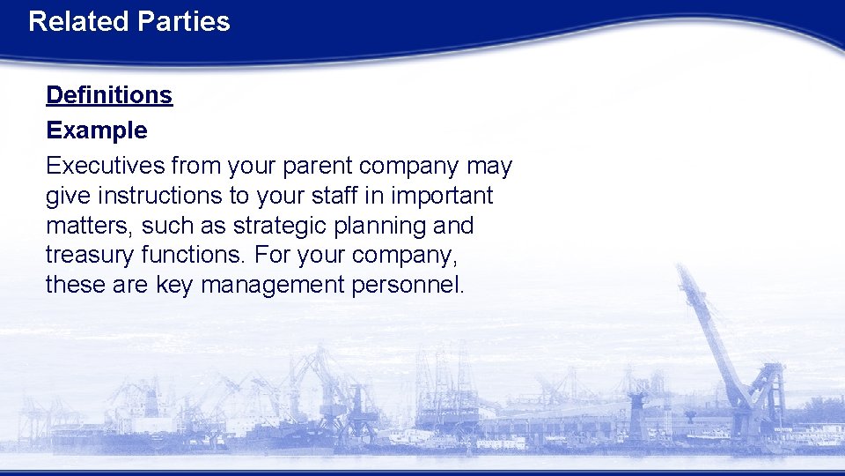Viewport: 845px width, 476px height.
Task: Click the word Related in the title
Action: (x=77, y=21)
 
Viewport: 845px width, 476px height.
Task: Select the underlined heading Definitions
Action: (x=109, y=95)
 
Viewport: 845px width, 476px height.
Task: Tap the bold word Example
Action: (x=97, y=130)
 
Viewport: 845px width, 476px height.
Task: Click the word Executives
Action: (x=105, y=166)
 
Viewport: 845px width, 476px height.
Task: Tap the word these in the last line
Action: (x=76, y=286)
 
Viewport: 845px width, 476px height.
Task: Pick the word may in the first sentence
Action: (x=489, y=167)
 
